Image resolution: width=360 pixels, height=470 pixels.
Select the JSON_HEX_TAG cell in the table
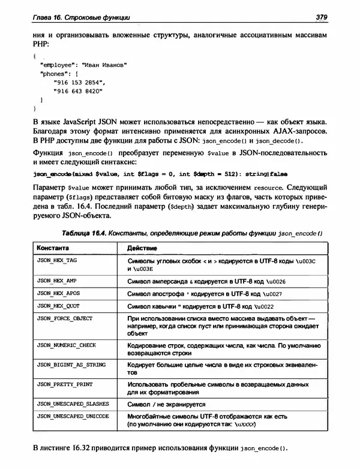coord(55,262)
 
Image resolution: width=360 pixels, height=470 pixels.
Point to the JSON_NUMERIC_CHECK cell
coord(62,346)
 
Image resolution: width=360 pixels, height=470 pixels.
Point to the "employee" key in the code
coord(59,63)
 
